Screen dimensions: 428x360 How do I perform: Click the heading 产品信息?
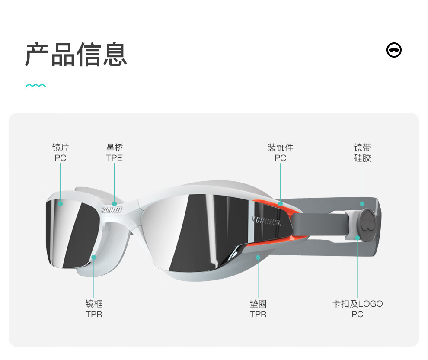point(76,55)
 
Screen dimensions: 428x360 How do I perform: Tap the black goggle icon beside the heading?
point(394,50)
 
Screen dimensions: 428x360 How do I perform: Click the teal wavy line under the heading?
point(35,85)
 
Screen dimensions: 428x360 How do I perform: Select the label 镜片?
point(61,148)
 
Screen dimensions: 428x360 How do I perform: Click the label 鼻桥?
point(115,148)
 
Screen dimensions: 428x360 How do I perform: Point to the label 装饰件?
point(281,148)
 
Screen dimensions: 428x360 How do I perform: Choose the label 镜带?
point(362,148)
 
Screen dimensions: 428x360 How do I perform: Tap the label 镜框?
point(94,304)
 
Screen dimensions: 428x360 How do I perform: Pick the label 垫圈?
point(258,304)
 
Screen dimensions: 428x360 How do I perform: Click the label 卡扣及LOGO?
point(358,304)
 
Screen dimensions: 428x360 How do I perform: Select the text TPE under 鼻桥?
point(115,158)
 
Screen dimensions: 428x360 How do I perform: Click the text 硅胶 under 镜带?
point(362,158)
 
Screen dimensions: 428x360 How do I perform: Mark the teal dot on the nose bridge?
point(115,203)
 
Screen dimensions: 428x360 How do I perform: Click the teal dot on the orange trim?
point(281,203)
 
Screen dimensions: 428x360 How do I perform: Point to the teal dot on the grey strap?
point(362,203)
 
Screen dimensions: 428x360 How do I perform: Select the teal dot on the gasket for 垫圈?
point(258,257)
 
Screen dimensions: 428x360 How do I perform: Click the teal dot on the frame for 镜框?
point(94,257)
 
